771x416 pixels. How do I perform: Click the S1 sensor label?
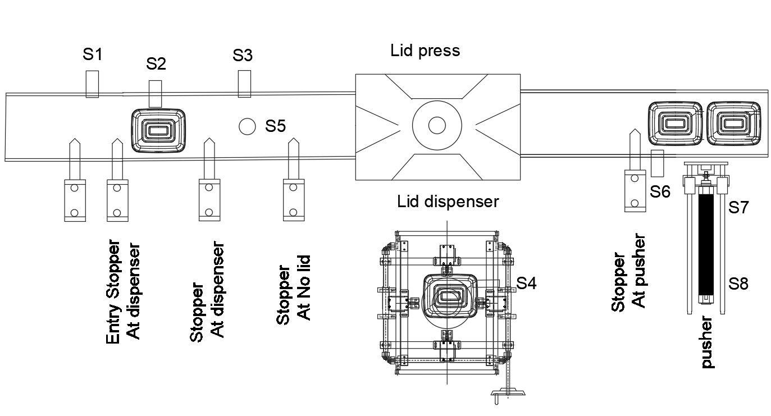coord(93,54)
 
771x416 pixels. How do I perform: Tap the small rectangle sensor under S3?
coord(244,84)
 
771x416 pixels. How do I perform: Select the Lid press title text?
coord(425,51)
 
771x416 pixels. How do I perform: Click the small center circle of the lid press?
coord(437,125)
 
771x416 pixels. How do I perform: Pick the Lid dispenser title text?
coord(448,201)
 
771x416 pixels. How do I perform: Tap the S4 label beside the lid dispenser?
coord(526,284)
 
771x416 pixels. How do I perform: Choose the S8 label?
coord(738,284)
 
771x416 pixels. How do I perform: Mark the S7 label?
coord(738,208)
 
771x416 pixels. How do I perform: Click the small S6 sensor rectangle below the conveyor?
coord(657,162)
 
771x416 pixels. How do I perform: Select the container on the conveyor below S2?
coord(159,130)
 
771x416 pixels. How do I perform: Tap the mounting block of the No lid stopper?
coord(293,200)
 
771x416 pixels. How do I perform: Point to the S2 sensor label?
coord(156,63)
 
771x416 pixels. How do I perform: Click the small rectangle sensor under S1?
coord(93,84)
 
